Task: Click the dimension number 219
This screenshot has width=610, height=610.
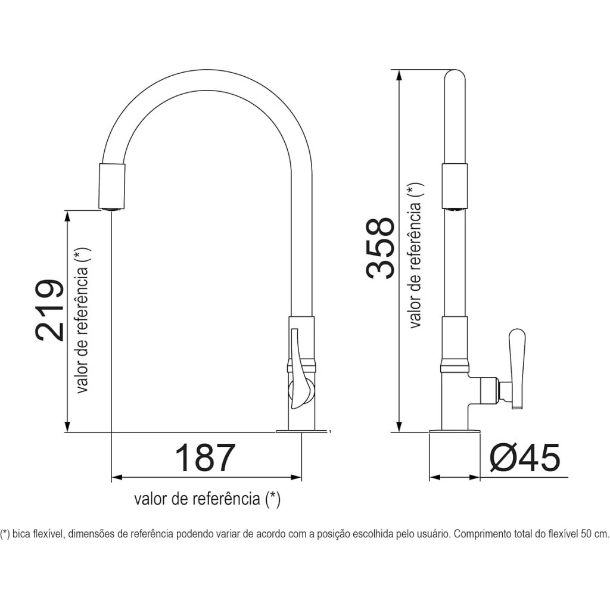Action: point(49,310)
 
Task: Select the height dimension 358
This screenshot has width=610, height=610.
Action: point(380,248)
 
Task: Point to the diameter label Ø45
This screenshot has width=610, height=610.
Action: point(525,457)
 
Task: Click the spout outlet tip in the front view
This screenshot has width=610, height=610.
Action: point(112,209)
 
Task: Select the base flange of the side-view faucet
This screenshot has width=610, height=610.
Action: point(455,431)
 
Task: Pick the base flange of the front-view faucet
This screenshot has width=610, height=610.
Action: point(301,431)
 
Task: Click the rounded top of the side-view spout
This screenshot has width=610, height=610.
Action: point(455,75)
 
